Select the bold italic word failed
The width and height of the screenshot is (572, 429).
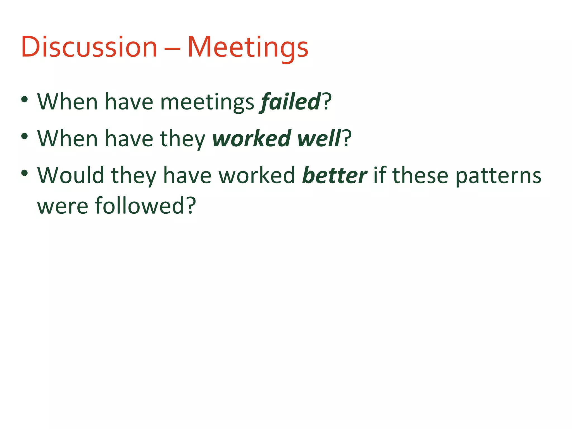tap(290, 102)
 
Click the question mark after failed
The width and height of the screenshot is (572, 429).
tap(327, 101)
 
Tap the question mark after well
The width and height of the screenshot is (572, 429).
tap(347, 138)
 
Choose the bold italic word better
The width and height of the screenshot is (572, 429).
tap(334, 175)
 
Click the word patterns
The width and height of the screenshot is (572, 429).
tap(498, 176)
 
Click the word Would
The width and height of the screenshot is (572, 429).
tap(71, 175)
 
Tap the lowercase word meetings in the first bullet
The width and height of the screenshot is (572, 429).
tap(207, 103)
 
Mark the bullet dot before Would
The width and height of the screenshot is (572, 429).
tap(25, 173)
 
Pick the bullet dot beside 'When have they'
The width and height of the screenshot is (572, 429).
tap(25, 136)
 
